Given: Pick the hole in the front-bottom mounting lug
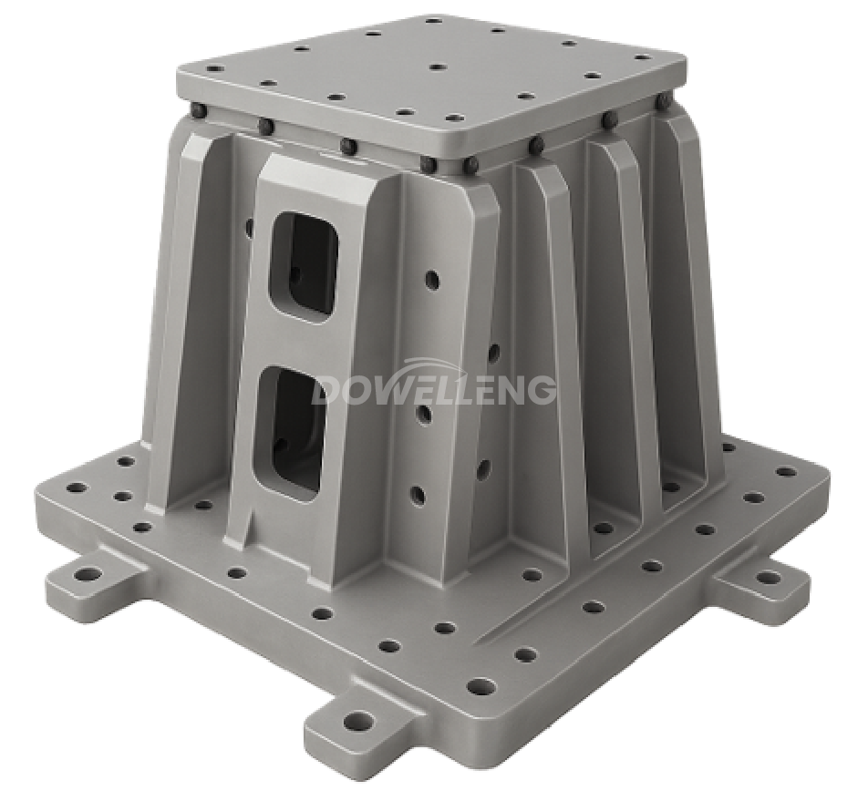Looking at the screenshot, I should [x=359, y=722].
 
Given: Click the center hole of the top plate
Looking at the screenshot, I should [x=437, y=67].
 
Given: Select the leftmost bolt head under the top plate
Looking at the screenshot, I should [x=199, y=111].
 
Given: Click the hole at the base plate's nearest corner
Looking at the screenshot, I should [x=480, y=685].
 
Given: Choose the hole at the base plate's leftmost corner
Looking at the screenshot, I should [x=77, y=488].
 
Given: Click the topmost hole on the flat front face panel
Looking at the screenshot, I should [x=431, y=280].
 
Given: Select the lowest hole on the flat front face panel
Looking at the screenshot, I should [x=418, y=496].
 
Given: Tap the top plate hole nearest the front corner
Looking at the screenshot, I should [x=453, y=118].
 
